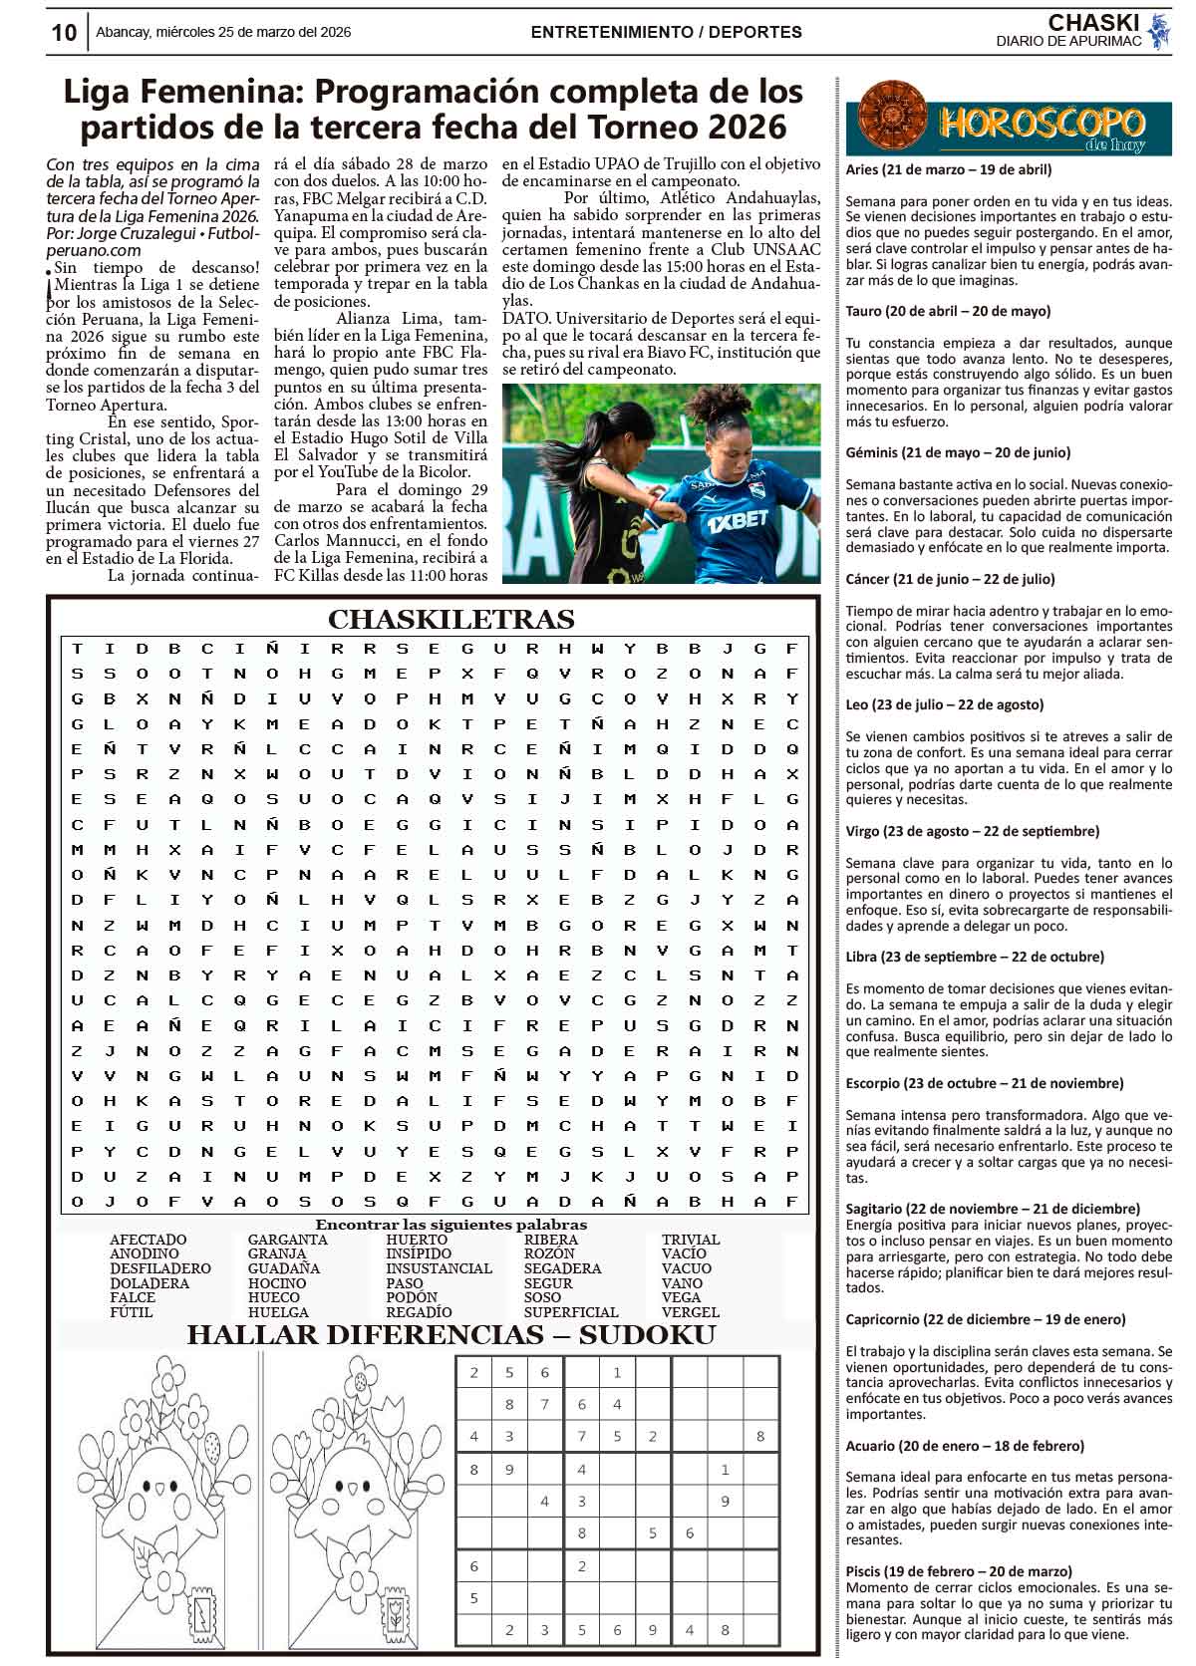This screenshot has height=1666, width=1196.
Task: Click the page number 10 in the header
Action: (x=64, y=33)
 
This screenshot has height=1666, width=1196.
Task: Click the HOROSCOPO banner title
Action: (x=1040, y=124)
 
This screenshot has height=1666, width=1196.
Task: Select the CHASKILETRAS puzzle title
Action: (x=450, y=620)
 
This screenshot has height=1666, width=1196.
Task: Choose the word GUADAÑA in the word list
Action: (x=284, y=1268)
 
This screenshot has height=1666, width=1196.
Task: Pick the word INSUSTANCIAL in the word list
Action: (x=439, y=1268)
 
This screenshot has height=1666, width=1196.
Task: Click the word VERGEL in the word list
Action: (x=690, y=1312)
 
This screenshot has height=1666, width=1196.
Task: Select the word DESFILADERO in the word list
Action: (x=159, y=1268)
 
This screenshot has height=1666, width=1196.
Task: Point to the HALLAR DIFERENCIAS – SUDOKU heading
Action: (x=450, y=1335)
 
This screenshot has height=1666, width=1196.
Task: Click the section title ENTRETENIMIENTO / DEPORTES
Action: (x=666, y=32)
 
